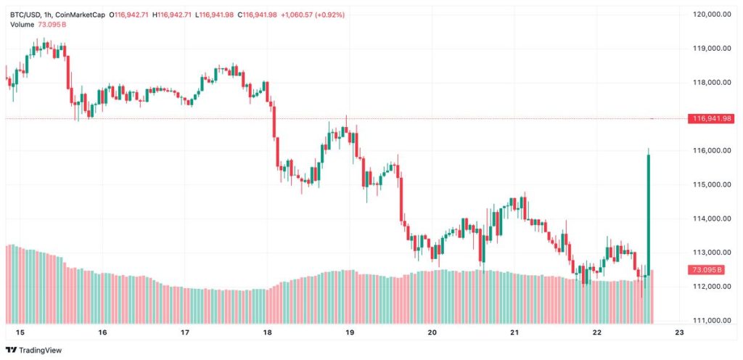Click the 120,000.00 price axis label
[x=711, y=15]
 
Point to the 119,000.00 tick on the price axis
[x=711, y=49]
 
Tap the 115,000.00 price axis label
[x=711, y=184]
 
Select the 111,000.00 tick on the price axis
[x=711, y=320]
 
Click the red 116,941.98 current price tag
[x=712, y=118]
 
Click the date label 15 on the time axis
[x=20, y=333]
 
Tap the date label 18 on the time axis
[x=268, y=333]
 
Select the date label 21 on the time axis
[x=514, y=333]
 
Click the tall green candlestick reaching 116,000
[x=648, y=210]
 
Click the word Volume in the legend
[x=22, y=25]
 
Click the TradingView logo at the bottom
[x=35, y=350]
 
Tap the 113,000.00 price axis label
[x=711, y=253]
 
